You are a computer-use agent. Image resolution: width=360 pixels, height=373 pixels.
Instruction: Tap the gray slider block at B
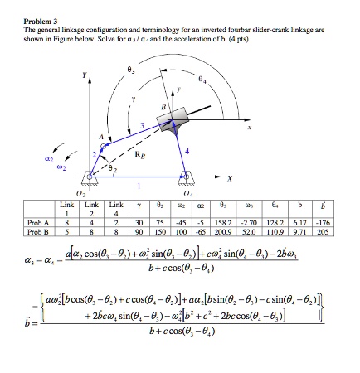click(183, 125)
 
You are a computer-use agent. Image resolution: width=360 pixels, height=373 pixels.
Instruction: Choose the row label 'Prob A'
click(36, 222)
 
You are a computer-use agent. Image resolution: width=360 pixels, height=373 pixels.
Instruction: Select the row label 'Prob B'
click(36, 230)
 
